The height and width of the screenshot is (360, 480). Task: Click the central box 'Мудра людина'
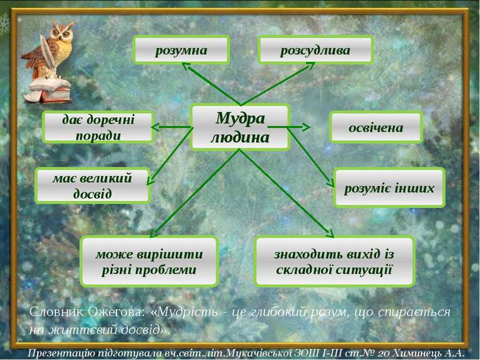tap(240, 127)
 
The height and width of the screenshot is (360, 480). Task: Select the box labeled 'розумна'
tap(181, 50)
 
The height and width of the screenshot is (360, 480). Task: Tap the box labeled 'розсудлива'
tap(315, 50)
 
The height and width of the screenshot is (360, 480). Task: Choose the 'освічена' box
tap(375, 127)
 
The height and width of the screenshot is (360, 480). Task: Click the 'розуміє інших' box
tap(390, 187)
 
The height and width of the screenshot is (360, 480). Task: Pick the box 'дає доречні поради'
tap(98, 127)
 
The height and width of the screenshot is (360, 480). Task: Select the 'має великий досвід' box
tap(92, 186)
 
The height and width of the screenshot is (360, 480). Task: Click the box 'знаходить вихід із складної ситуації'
tap(335, 261)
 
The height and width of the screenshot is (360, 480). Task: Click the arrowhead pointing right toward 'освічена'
tap(305, 127)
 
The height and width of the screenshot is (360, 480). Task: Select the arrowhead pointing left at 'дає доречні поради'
tap(156, 128)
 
